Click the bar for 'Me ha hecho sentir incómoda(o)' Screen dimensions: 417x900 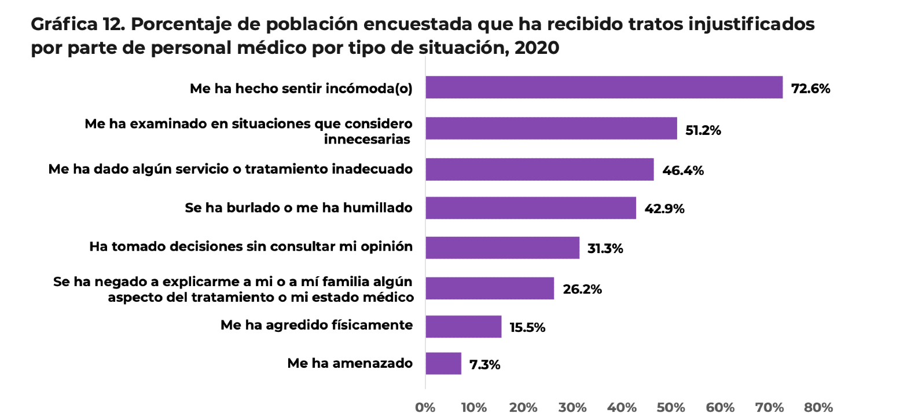[x=604, y=87]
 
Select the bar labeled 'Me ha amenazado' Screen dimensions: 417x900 [x=443, y=364]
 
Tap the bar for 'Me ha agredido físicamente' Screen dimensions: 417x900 [x=463, y=327]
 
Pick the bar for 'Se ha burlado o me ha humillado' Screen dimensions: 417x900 [x=531, y=208]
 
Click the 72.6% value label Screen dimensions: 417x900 [x=810, y=89]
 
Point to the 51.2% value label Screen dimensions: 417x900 [x=703, y=130]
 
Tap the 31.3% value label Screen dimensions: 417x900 [x=605, y=249]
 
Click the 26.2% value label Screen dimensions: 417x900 [x=582, y=290]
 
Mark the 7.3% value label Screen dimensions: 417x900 [x=484, y=365]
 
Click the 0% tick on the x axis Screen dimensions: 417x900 [x=425, y=407]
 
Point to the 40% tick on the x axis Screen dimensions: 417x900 [x=622, y=407]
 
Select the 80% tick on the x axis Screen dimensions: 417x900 [x=818, y=407]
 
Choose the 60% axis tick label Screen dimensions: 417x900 [x=721, y=407]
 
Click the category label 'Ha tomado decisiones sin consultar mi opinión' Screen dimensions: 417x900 [x=251, y=247]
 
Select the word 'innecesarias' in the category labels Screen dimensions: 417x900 [x=368, y=139]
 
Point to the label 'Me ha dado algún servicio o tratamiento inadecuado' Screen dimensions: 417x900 [x=230, y=169]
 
